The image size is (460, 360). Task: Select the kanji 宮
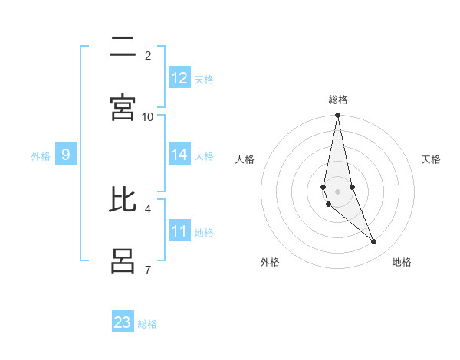[123, 107]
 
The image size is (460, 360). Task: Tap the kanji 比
[123, 201]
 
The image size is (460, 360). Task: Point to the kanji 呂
[123, 260]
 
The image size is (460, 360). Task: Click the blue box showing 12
[179, 78]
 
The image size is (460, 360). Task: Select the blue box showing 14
[179, 155]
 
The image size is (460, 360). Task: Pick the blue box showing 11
[179, 231]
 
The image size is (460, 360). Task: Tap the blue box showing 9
[66, 155]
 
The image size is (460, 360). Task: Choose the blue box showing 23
[123, 322]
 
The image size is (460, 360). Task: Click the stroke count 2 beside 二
[148, 55]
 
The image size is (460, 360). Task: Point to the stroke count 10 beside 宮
[148, 116]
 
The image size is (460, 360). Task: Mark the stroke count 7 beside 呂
[148, 270]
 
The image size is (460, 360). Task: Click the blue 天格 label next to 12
[204, 79]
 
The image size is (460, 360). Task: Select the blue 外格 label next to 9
[41, 155]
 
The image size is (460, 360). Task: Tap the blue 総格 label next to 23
[147, 323]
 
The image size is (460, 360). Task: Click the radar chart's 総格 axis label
[338, 100]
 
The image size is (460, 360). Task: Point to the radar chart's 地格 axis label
[402, 262]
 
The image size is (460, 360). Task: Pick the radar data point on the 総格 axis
[337, 116]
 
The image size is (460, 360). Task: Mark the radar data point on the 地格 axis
[374, 242]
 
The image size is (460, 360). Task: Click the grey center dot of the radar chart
[337, 191]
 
